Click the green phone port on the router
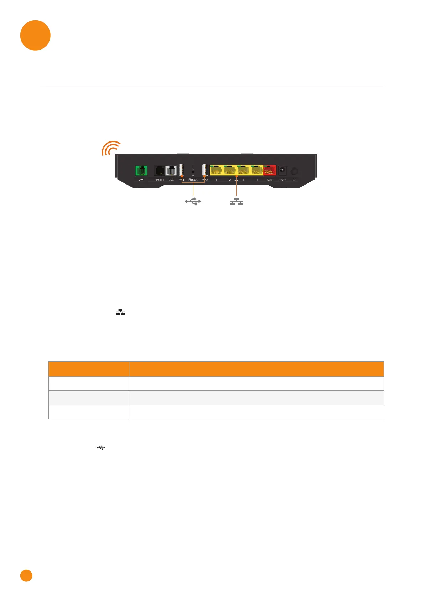(141, 171)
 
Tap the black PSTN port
(159, 171)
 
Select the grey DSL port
(171, 171)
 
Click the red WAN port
(270, 170)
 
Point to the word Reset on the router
(193, 180)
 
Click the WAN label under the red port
(270, 180)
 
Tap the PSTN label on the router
(160, 180)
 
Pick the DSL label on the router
(171, 180)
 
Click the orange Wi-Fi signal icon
(110, 148)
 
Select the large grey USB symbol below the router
(193, 202)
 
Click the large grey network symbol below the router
(236, 202)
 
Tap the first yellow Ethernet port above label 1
(216, 170)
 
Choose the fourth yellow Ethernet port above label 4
(257, 170)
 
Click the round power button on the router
(294, 171)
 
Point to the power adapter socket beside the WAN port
(283, 170)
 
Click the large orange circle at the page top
(35, 35)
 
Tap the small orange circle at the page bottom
(26, 576)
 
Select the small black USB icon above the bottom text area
(101, 447)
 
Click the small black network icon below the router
(120, 312)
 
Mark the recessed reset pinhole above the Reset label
(193, 171)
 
